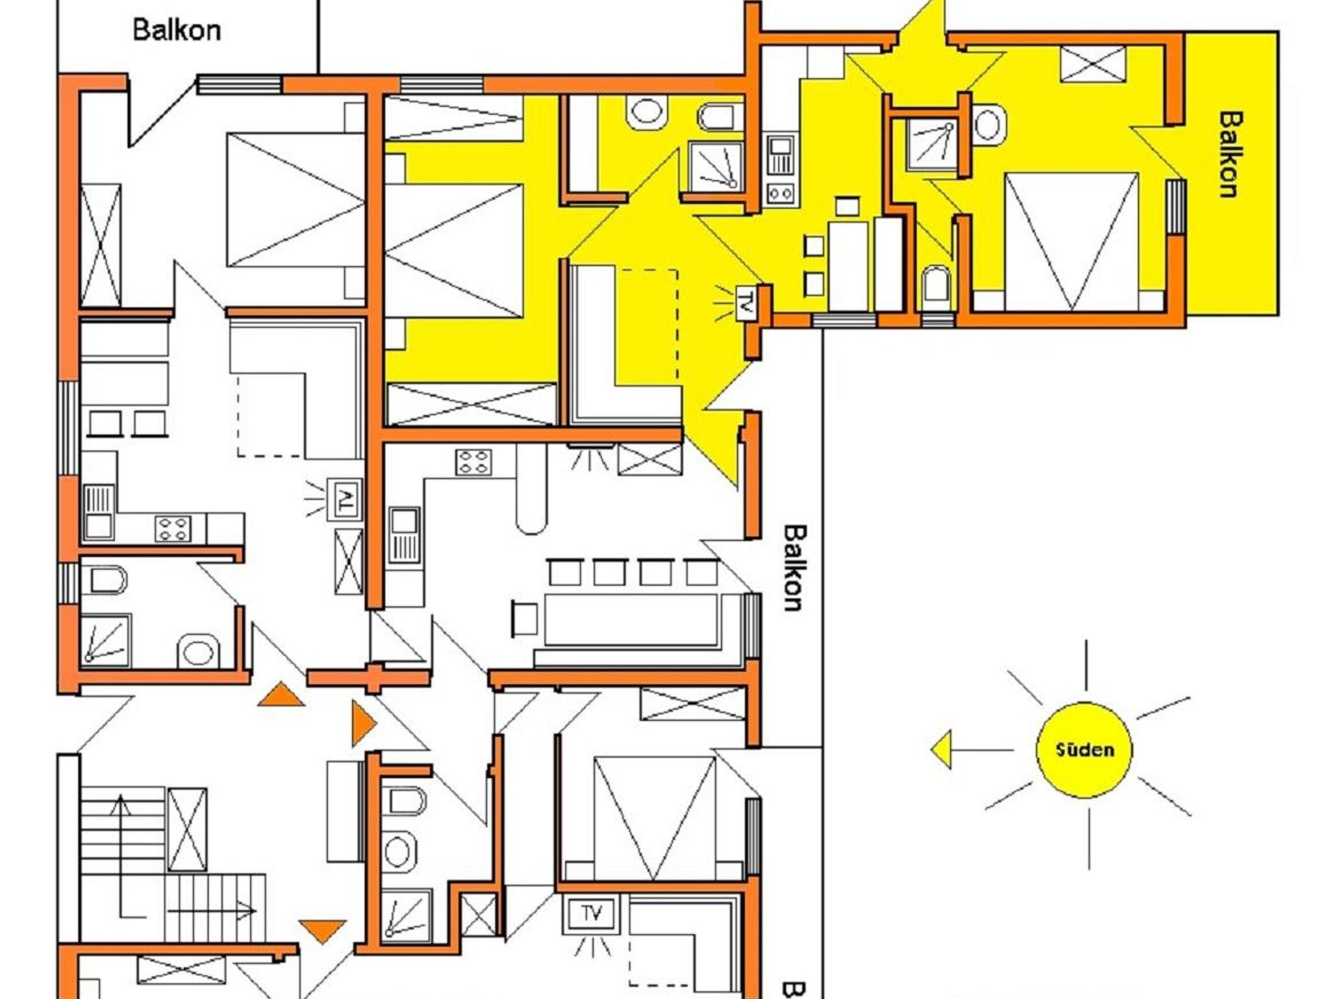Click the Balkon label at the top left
point(177,30)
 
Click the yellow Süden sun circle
point(1084,750)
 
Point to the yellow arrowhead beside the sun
point(941,750)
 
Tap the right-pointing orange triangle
point(364,723)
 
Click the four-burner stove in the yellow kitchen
point(780,193)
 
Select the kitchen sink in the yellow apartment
point(780,155)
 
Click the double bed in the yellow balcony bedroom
point(1071,242)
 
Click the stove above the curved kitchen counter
point(473,462)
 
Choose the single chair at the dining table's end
point(525,619)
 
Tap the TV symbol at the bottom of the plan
point(591,913)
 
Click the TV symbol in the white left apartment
point(344,499)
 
